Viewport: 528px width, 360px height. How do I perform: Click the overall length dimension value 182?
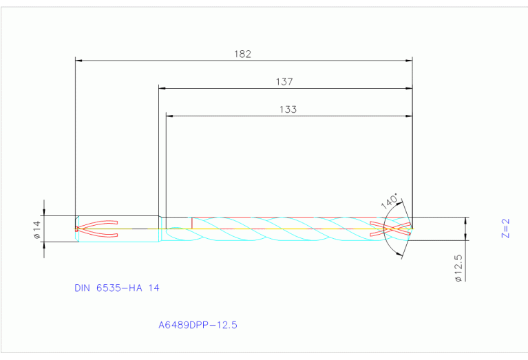243,54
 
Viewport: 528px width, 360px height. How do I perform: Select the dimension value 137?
284,81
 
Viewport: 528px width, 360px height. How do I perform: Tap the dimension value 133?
288,109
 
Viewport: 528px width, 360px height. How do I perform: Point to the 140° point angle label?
389,202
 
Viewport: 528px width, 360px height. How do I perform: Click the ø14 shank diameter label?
38,229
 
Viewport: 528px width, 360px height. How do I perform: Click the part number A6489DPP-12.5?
198,324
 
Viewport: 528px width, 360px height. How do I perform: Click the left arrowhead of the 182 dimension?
78,61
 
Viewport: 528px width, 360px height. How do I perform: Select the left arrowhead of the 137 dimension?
162,88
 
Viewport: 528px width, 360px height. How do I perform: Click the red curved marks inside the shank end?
98,229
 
